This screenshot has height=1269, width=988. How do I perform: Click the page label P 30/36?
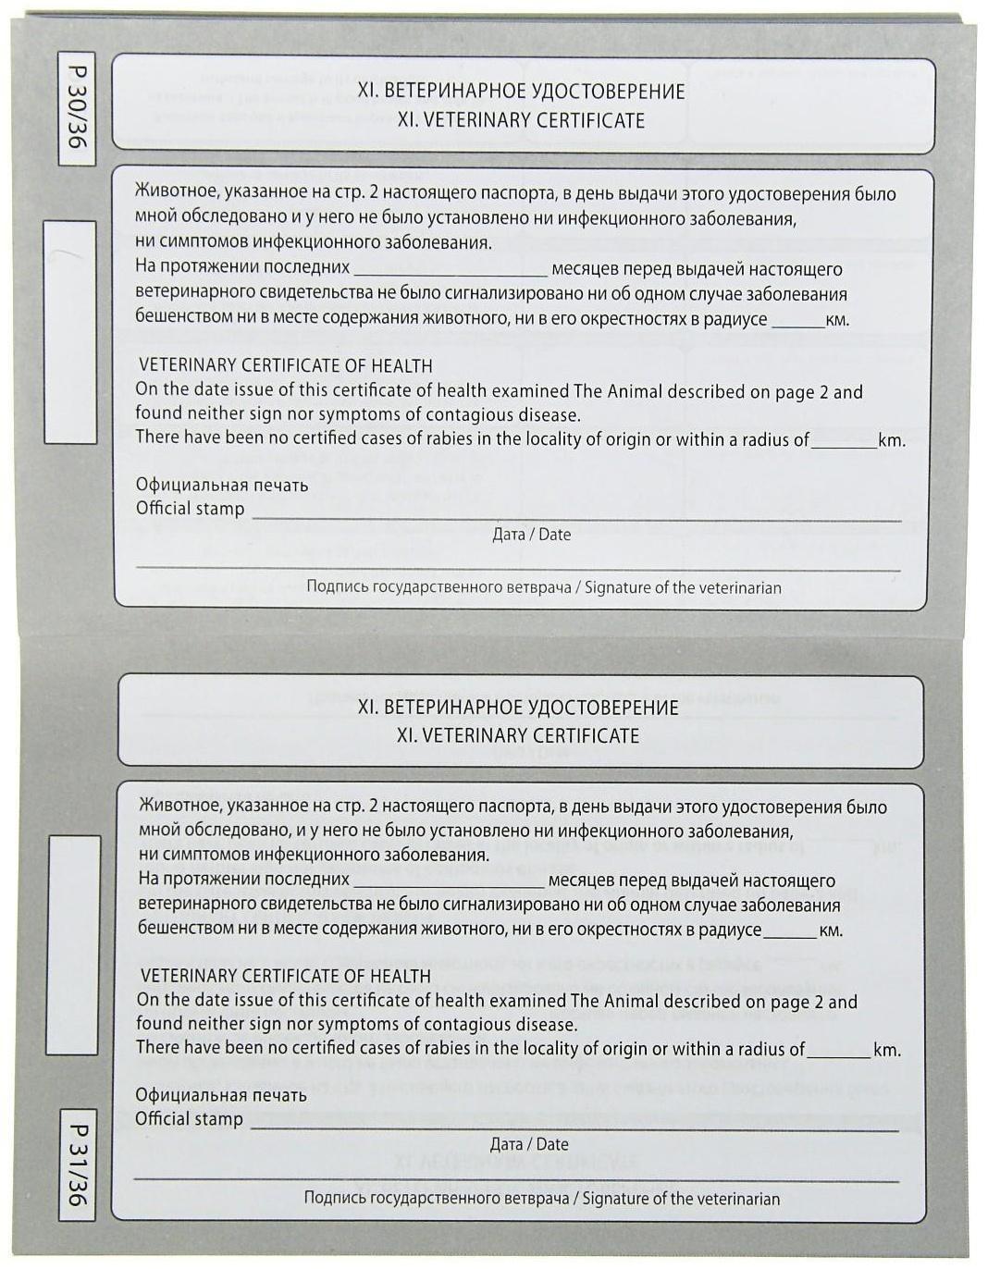pos(78,108)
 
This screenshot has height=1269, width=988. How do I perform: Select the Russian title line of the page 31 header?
pos(519,708)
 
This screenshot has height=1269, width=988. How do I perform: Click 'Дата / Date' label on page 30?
pos(531,535)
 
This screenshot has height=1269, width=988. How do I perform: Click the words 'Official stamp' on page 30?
pos(190,509)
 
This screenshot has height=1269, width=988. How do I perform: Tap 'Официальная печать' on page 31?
pos(220,1095)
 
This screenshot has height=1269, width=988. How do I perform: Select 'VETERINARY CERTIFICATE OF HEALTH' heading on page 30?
pos(285,366)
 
